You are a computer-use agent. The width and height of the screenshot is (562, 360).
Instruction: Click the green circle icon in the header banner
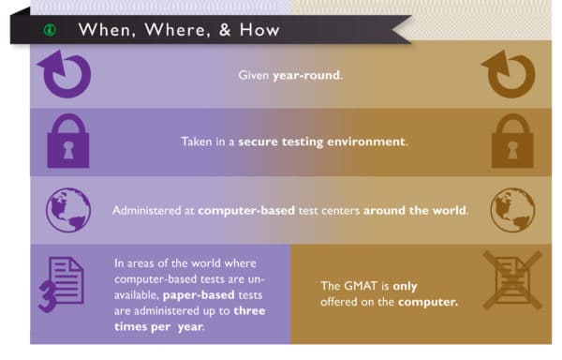50,29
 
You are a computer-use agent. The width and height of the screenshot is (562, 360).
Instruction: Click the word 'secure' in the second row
260,142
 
